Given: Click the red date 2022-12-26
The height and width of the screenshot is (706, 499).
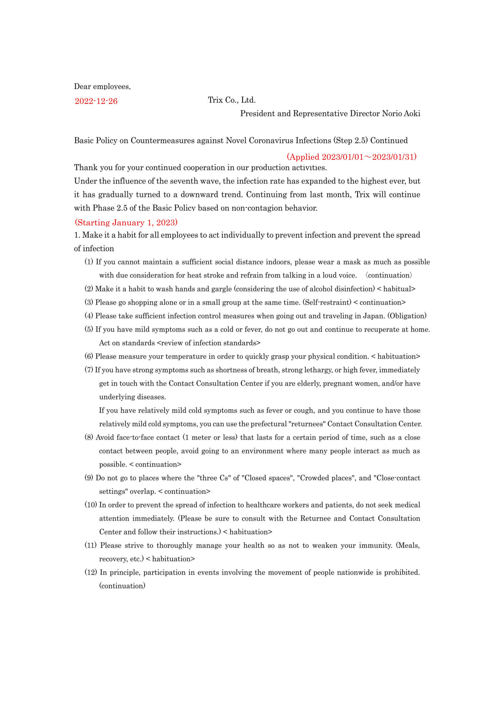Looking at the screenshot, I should [96, 101].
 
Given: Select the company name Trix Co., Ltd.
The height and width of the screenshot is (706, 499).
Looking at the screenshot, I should [232, 100].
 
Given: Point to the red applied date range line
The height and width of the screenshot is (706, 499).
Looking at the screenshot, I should [352, 157].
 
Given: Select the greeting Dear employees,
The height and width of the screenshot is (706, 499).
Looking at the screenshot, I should [102, 86].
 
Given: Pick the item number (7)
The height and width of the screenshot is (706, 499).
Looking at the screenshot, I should [89, 370].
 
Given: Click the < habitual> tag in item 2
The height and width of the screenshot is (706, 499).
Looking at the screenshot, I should [396, 289].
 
